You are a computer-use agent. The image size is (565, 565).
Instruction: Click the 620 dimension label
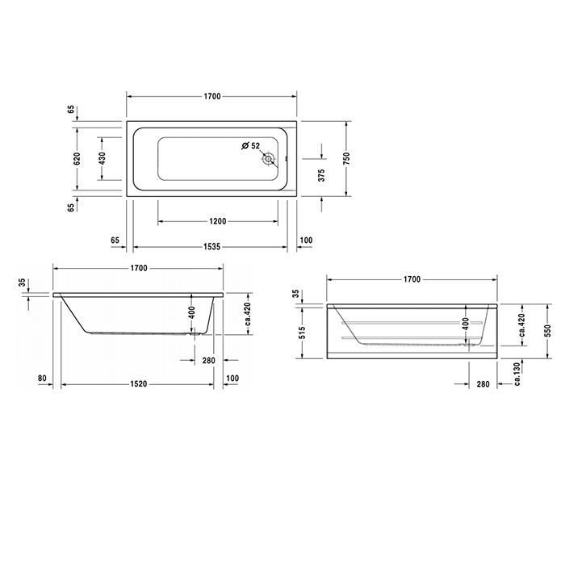click(x=77, y=159)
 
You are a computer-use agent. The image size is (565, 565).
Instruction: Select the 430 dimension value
click(x=102, y=159)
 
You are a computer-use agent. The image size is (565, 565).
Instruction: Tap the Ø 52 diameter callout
click(x=251, y=146)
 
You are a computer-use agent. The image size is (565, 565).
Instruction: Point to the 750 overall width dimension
click(x=347, y=159)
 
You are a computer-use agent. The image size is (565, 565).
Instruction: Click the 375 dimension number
click(x=321, y=177)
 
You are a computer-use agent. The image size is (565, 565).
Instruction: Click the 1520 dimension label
click(x=138, y=385)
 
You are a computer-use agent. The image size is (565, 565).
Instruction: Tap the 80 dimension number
click(x=41, y=378)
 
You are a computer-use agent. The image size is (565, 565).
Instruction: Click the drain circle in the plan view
click(x=268, y=159)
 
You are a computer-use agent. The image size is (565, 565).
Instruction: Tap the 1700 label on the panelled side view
click(x=411, y=279)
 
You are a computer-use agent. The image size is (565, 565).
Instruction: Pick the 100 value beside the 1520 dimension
click(x=234, y=378)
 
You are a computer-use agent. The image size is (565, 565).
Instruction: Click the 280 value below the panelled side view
click(x=481, y=385)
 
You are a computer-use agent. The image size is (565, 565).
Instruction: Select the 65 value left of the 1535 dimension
click(x=115, y=241)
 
